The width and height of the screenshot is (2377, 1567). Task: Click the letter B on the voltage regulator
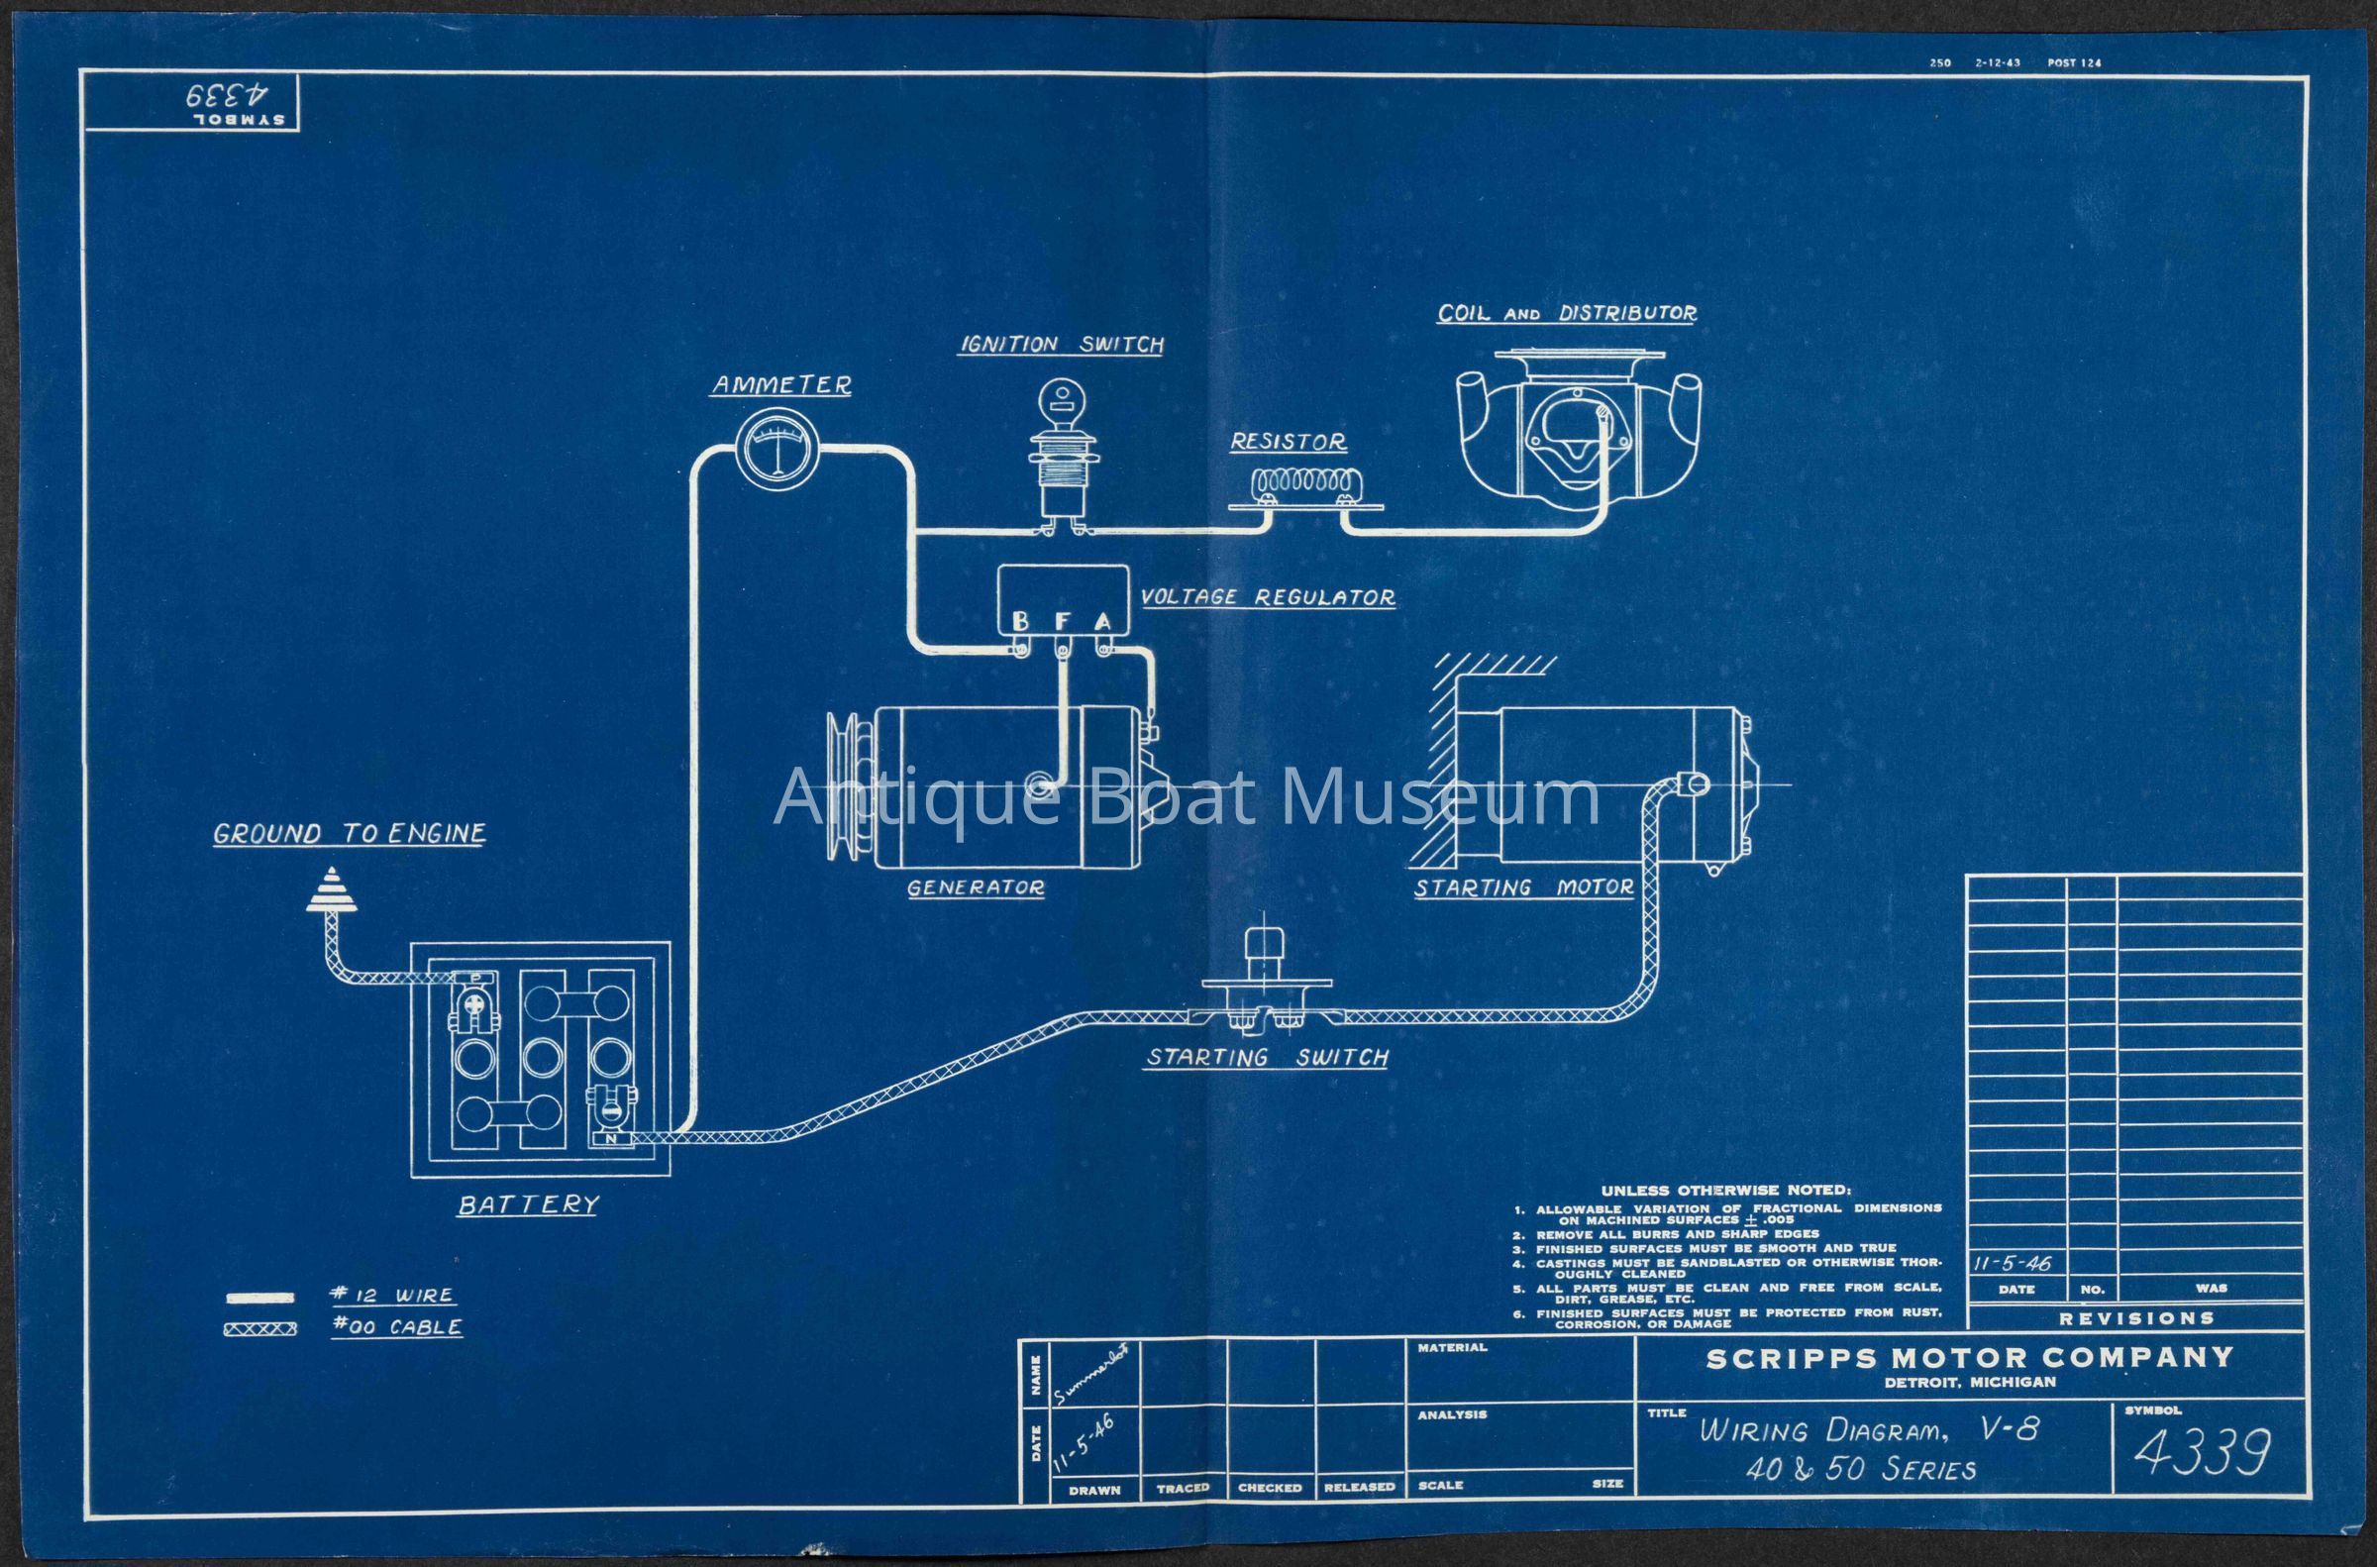point(1020,622)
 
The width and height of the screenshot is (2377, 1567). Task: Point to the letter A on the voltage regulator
point(1102,622)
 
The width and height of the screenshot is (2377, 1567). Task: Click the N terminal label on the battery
point(610,1138)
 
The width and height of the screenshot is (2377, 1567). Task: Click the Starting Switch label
point(1267,1057)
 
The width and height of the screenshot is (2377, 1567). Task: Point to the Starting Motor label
point(1523,888)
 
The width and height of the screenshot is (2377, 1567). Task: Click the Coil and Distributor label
point(1567,314)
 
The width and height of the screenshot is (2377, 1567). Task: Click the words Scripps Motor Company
point(1969,1358)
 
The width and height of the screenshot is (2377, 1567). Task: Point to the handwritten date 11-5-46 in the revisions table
point(2013,1263)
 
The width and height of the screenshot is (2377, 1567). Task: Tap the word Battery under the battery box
point(528,1205)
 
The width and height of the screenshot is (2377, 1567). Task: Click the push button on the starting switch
point(1264,945)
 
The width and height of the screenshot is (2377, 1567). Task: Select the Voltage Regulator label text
point(1268,597)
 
